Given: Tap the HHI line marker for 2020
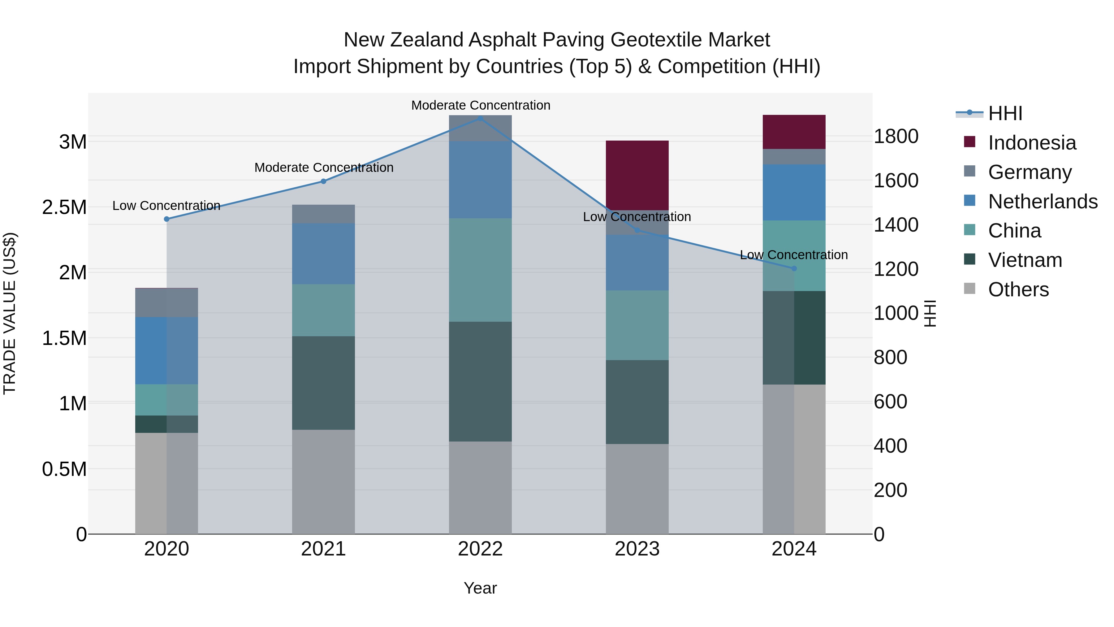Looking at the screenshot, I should point(166,219).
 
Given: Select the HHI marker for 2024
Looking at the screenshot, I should point(794,268).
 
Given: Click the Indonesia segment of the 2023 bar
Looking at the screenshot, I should point(637,175).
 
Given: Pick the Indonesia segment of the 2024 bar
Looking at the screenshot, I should point(794,132).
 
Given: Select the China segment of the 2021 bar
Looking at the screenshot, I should point(323,310).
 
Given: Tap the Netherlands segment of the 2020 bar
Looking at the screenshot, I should point(166,351).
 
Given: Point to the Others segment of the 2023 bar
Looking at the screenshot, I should point(637,489).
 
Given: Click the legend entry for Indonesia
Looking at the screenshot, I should point(1032,143).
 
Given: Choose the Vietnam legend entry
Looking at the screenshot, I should point(1025,260).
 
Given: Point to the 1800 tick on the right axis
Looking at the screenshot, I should point(896,136).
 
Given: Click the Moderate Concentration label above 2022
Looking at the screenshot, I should point(481,105).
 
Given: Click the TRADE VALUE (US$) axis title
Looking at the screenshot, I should point(10,313).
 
